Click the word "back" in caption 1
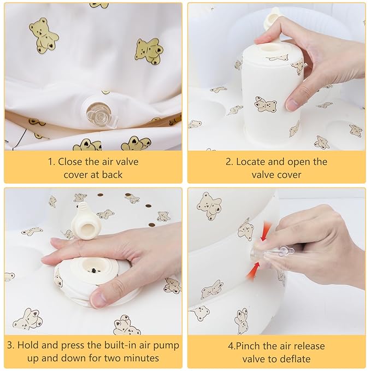113,175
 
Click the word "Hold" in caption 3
27,345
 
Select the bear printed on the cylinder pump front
266,104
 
